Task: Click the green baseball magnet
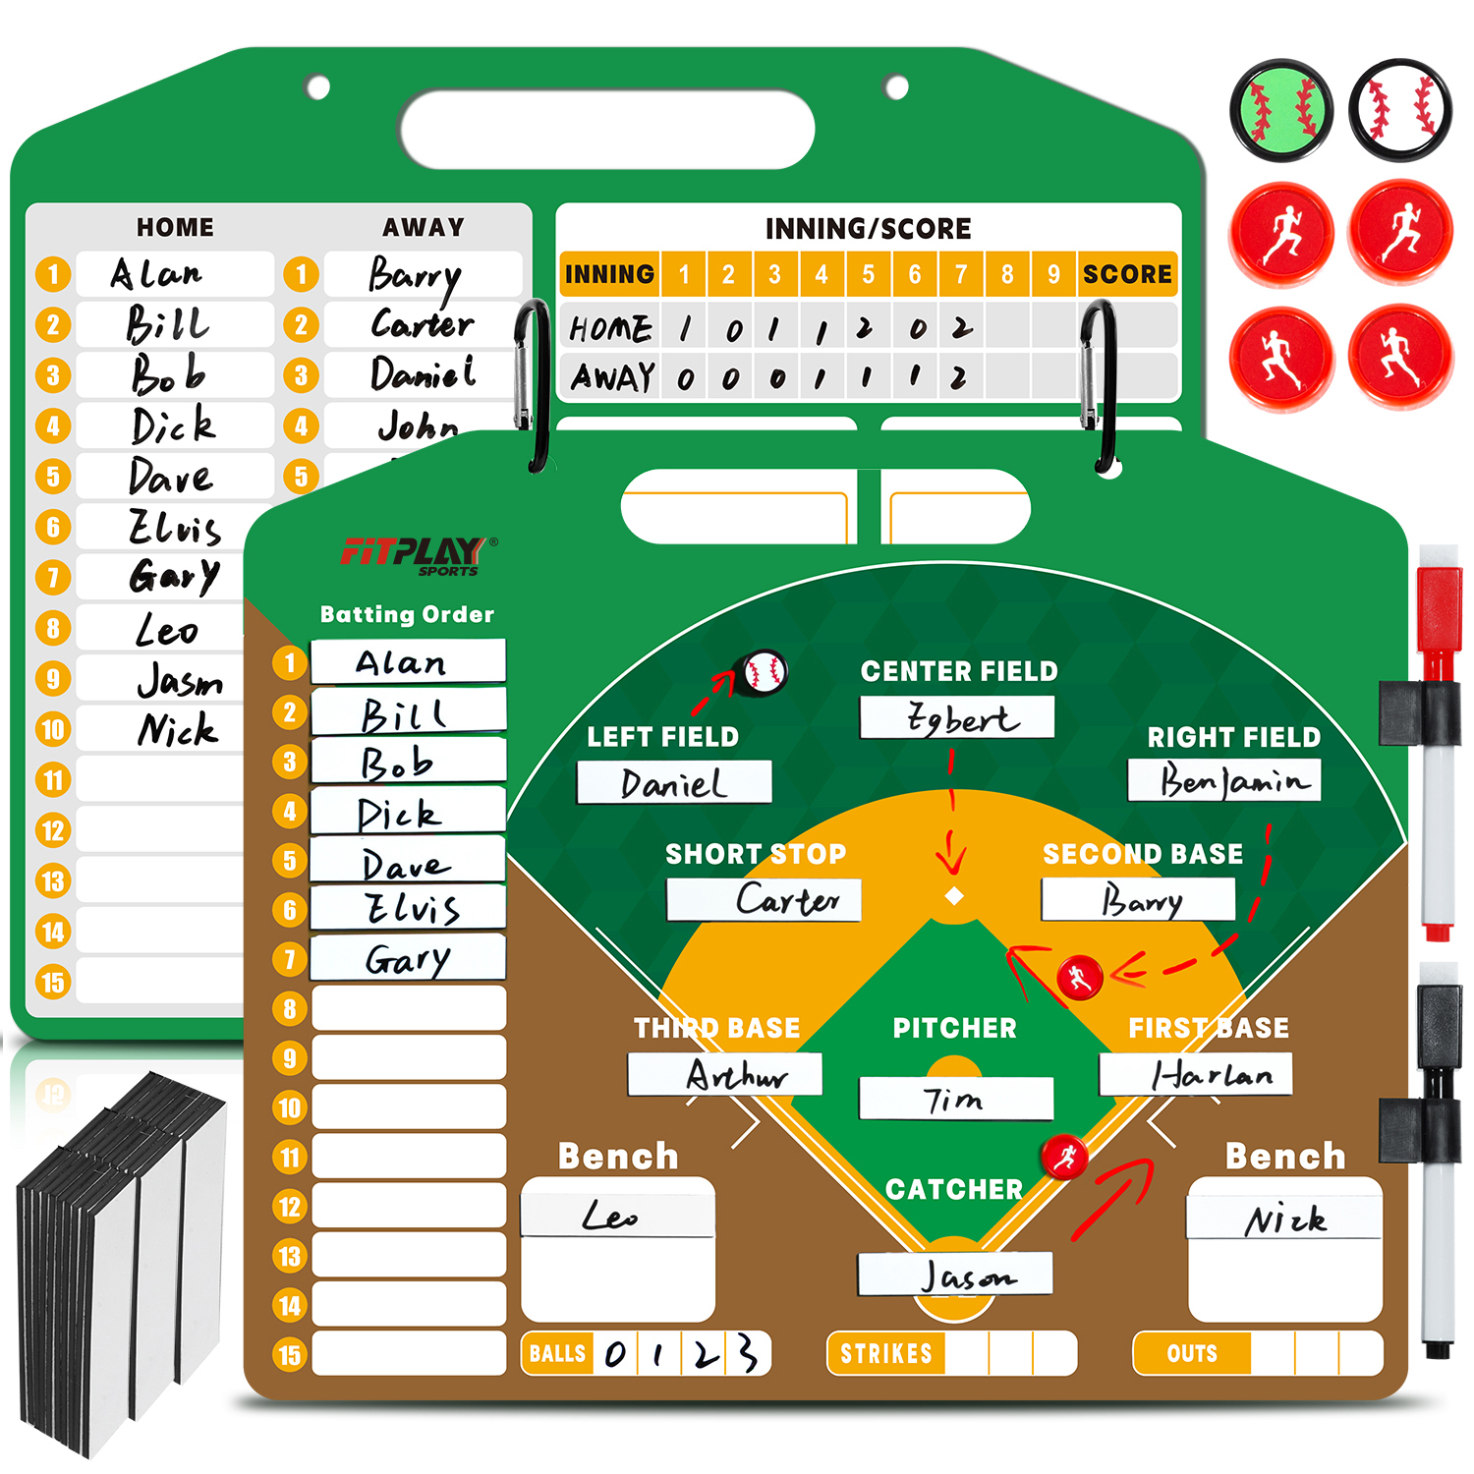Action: click(1281, 109)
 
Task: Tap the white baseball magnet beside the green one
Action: click(1400, 109)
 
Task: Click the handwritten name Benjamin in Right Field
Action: click(1234, 780)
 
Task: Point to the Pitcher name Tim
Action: click(952, 1099)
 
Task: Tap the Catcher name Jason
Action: click(967, 1276)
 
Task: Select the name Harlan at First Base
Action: click(1212, 1075)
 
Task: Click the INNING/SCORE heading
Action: click(869, 229)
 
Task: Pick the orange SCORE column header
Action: click(1127, 274)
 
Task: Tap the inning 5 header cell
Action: click(868, 274)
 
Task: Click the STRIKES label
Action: click(886, 1353)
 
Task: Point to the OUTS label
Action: click(1192, 1353)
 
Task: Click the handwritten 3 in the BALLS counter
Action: click(748, 1353)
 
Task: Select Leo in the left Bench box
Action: click(609, 1217)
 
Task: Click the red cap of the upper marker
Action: click(1439, 610)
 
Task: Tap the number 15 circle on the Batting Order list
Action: click(290, 1355)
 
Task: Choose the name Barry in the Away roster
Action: click(414, 277)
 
